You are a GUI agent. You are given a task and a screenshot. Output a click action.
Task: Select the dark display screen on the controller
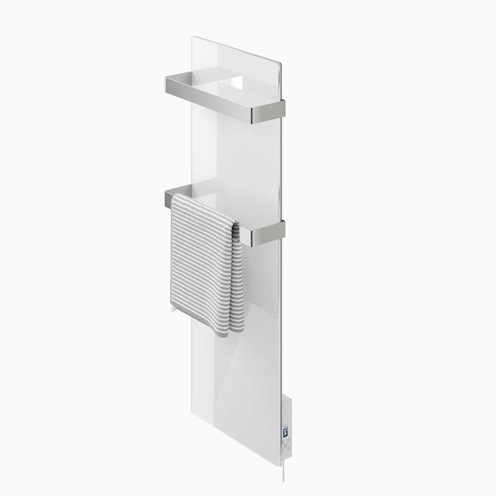pos(286,431)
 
